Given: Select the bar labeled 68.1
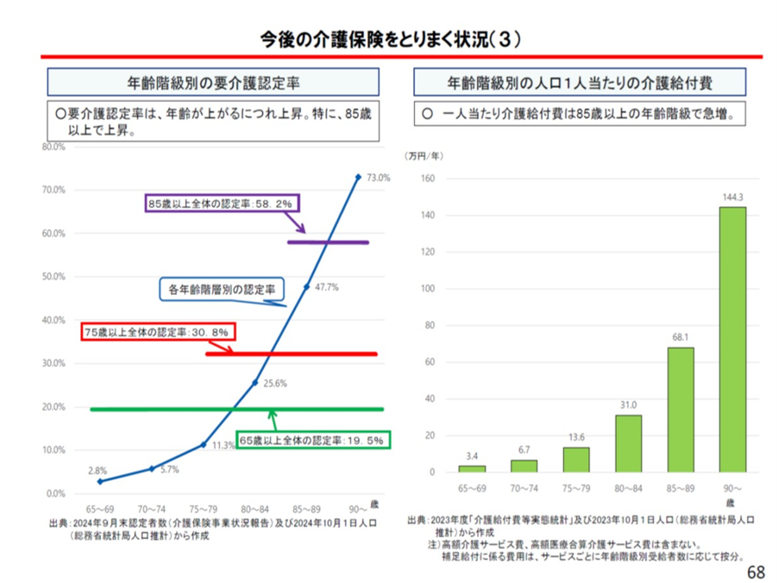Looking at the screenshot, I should pyautogui.click(x=680, y=409).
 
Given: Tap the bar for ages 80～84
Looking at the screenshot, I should pyautogui.click(x=628, y=443).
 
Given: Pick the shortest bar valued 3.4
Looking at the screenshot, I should pyautogui.click(x=472, y=468).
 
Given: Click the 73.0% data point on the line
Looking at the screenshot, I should pyautogui.click(x=358, y=176).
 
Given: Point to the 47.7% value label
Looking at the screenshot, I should pyautogui.click(x=327, y=286).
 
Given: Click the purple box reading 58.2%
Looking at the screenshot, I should pyautogui.click(x=223, y=203).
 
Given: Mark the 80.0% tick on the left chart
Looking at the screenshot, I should pyautogui.click(x=53, y=148).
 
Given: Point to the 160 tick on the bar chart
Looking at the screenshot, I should pyautogui.click(x=429, y=178).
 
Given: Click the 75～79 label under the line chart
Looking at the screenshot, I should pyautogui.click(x=203, y=508).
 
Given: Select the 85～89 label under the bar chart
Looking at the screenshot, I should pyautogui.click(x=680, y=486).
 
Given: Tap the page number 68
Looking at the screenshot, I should pyautogui.click(x=756, y=569).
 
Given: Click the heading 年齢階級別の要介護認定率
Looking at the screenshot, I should pyautogui.click(x=214, y=83).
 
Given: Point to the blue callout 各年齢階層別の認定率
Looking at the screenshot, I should pyautogui.click(x=222, y=287).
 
